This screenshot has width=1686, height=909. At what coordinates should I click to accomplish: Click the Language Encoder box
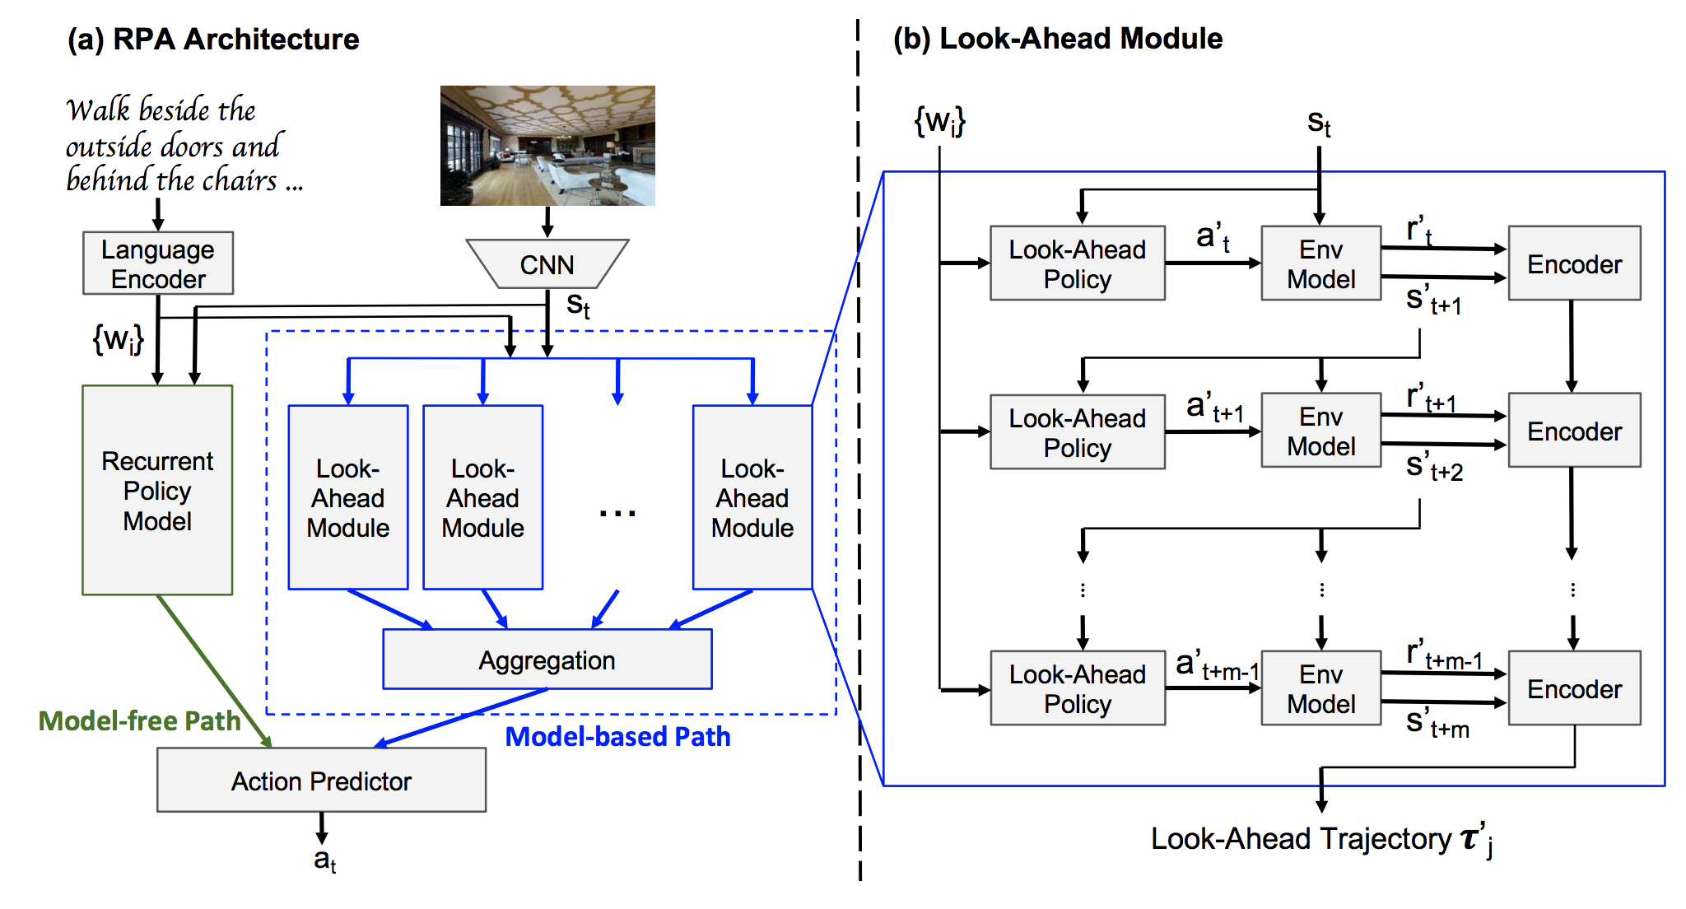(158, 263)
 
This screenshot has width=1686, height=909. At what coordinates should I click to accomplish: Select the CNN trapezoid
(547, 264)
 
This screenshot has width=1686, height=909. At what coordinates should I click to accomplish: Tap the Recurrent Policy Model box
(157, 490)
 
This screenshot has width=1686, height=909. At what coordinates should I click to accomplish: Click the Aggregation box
(547, 660)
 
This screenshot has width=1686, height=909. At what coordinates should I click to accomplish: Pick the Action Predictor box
(321, 781)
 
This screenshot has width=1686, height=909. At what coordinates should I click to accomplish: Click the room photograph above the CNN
(547, 146)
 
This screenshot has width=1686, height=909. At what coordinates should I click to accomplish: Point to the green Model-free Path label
(139, 720)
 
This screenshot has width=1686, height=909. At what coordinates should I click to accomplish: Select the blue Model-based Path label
(617, 736)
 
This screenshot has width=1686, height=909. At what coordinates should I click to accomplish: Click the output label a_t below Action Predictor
(324, 860)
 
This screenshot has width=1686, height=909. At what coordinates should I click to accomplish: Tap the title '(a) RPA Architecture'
(213, 39)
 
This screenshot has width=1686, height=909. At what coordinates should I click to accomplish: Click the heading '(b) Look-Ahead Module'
(1058, 39)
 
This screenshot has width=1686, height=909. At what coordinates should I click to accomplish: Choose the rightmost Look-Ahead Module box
(752, 497)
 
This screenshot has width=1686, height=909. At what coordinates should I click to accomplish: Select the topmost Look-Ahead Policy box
(1077, 263)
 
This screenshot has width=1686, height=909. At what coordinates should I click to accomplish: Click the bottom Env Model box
(1320, 688)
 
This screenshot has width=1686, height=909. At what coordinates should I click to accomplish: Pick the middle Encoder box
(1574, 431)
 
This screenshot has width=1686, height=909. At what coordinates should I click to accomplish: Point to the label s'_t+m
(1437, 724)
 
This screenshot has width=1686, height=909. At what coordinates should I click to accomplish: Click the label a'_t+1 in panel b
(1214, 408)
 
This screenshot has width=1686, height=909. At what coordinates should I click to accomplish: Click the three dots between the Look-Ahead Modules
(617, 513)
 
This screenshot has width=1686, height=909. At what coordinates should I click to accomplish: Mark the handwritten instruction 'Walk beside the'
(161, 110)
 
